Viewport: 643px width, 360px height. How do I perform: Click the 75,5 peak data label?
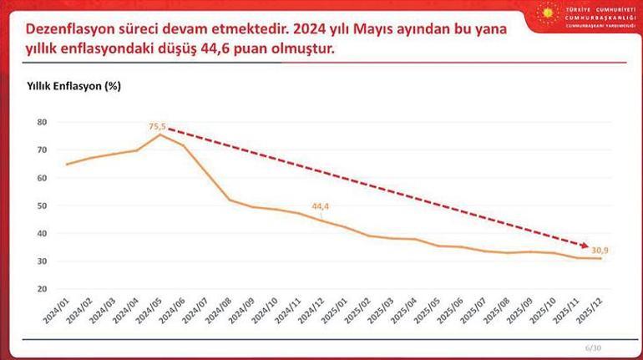click(x=158, y=127)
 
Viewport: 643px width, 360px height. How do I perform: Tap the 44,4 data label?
click(x=321, y=205)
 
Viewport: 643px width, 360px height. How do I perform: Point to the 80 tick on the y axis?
click(x=43, y=122)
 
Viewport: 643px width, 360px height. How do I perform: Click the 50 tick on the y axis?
click(x=43, y=205)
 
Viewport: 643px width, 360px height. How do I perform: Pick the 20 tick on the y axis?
click(x=43, y=289)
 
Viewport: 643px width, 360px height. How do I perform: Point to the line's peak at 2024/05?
click(x=159, y=134)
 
